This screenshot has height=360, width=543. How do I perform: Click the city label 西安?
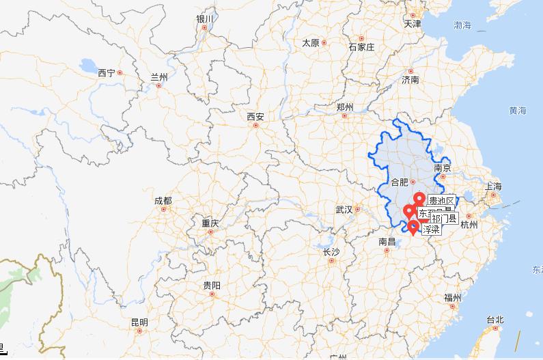(255, 117)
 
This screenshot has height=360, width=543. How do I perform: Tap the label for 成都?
(163, 201)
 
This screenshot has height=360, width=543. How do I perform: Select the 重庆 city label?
(210, 223)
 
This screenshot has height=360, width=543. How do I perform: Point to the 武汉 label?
(343, 209)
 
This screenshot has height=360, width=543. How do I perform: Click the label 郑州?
(345, 107)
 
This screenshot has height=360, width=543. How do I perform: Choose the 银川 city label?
(204, 19)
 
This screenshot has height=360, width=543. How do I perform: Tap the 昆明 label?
(139, 322)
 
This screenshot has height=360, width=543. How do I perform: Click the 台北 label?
(495, 320)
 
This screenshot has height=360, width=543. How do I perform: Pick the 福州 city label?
(452, 298)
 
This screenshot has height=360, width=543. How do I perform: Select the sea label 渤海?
(462, 25)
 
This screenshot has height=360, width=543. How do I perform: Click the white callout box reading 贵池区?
(441, 201)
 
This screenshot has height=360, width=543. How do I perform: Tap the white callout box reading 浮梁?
(430, 230)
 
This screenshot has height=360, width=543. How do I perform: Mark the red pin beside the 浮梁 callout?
(413, 226)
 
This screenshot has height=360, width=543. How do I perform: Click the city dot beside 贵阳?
(212, 295)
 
